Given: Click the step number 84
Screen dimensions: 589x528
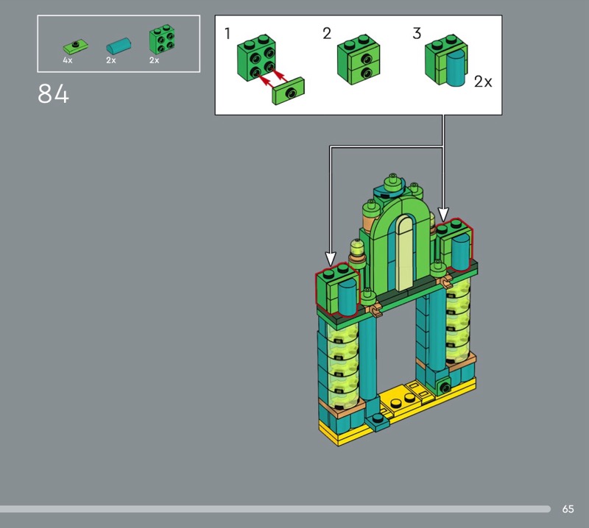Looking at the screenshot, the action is coord(53,93).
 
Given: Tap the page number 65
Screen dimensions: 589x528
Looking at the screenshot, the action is coord(568,509).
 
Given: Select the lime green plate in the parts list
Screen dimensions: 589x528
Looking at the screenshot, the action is coord(76,46).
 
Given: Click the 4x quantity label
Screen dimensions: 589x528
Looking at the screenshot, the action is coord(68,60).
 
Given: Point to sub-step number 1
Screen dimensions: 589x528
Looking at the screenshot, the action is coord(228,33).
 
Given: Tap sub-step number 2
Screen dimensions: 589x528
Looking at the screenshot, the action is coord(327,33).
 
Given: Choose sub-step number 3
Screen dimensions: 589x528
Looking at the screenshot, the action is coord(417,33).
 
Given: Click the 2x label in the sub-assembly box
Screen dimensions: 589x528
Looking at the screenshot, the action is coord(483,82).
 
